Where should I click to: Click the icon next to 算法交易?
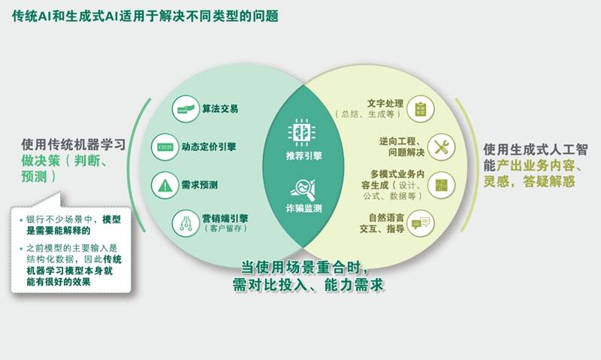186,109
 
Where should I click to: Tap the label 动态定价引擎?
209,147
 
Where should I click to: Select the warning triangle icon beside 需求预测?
165,186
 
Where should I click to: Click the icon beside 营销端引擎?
186,223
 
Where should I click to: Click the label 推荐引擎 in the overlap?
304,156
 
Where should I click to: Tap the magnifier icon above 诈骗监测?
303,189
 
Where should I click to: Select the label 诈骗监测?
304,209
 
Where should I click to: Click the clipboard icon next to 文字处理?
421,109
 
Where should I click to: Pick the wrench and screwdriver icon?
441,147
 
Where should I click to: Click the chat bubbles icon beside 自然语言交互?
421,223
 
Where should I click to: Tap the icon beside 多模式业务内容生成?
442,186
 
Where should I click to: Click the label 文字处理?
385,104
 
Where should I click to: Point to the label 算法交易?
220,109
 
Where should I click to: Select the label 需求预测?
199,186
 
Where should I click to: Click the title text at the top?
145,16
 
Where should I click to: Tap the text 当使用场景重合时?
305,268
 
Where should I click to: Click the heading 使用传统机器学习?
74,144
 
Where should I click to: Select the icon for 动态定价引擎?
165,147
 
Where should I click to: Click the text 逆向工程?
397,141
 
